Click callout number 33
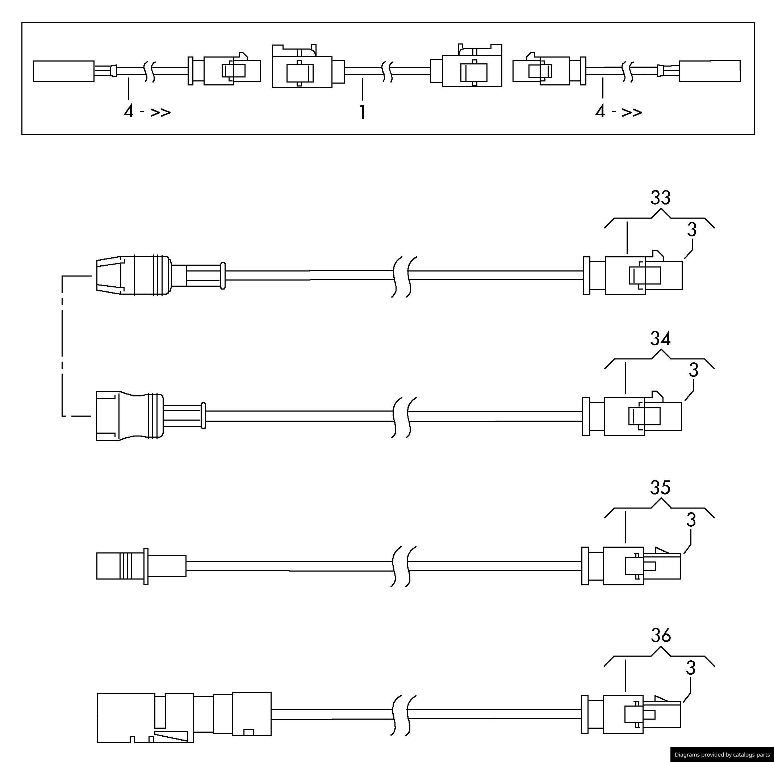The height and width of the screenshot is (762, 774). [x=660, y=198]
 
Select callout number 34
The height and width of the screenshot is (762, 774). [x=660, y=339]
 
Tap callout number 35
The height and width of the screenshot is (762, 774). [x=660, y=488]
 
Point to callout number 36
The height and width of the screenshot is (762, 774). [x=660, y=636]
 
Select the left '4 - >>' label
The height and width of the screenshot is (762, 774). [x=147, y=111]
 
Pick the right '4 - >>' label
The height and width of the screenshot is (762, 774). [x=618, y=111]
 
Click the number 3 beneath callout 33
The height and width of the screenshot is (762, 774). [x=691, y=230]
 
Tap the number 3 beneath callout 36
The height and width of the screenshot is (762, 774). [x=691, y=668]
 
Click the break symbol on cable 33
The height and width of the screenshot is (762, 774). [x=403, y=276]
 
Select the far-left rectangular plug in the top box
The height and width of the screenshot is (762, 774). [x=63, y=71]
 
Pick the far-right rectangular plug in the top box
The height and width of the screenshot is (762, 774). [x=710, y=71]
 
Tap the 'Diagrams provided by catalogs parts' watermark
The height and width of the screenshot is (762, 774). [x=721, y=754]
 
